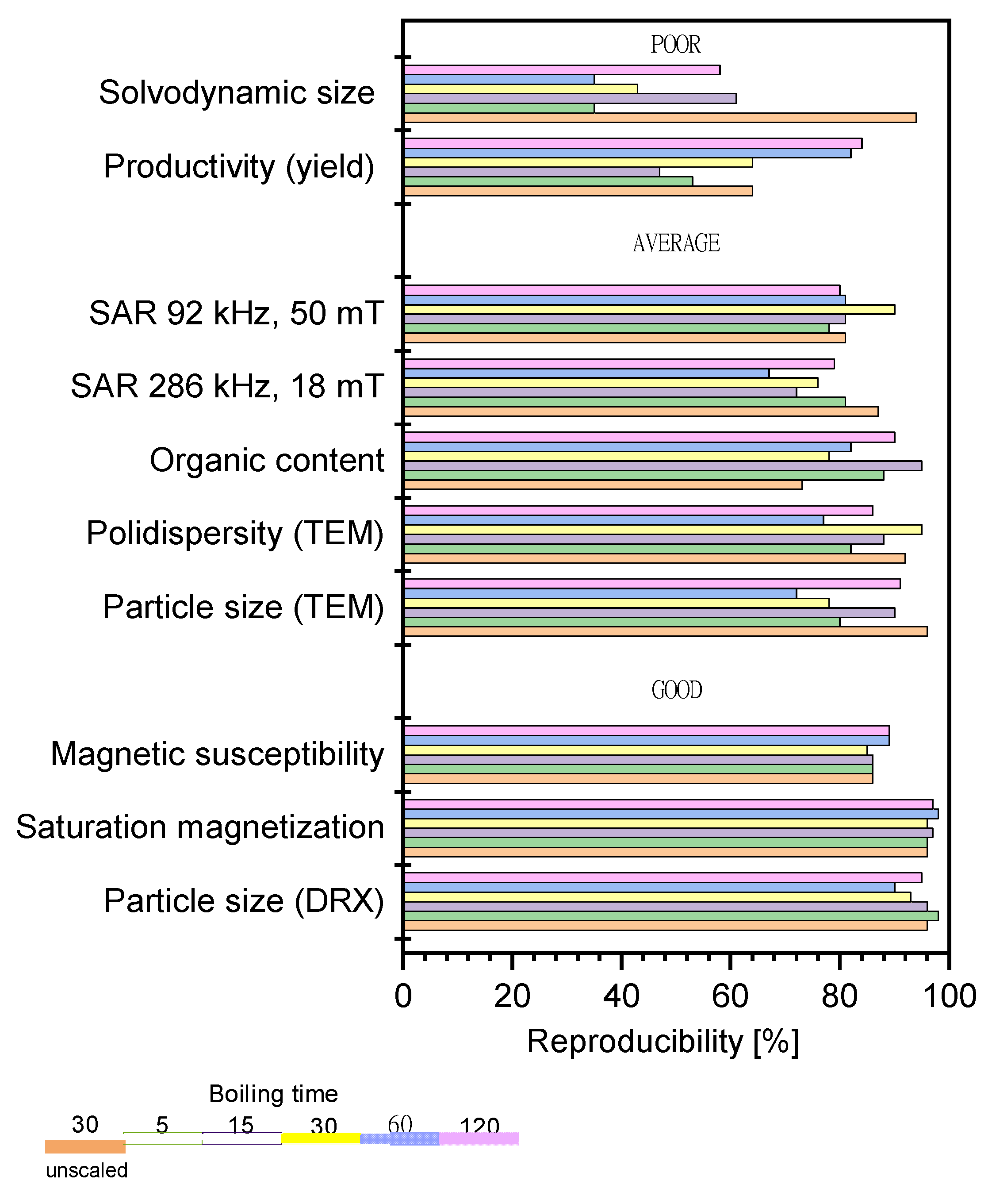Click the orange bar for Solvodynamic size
click(658, 118)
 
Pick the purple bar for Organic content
click(662, 466)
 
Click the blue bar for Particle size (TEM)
click(599, 593)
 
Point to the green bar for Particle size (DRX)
click(670, 915)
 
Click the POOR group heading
click(675, 45)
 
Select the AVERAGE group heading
click(676, 243)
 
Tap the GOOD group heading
click(677, 690)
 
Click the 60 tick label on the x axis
click(730, 996)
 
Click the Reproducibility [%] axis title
click(662, 1042)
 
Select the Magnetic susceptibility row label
click(217, 754)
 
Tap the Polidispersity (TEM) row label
click(235, 534)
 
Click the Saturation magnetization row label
click(200, 827)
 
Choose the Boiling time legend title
click(273, 1094)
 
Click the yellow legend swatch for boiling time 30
click(321, 1138)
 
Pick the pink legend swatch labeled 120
click(479, 1138)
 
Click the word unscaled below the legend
click(86, 1170)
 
